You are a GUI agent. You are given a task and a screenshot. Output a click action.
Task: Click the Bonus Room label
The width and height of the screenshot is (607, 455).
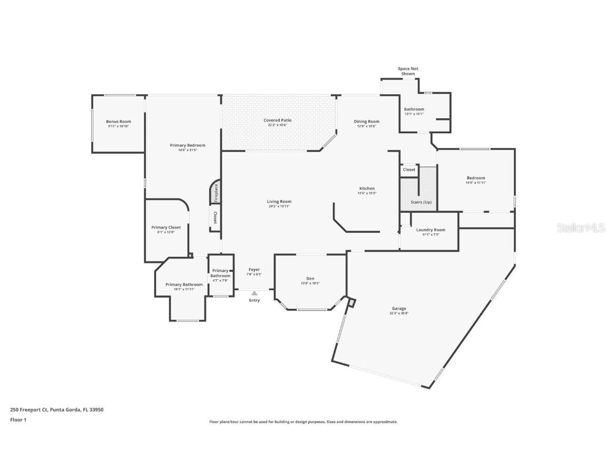[x=119, y=122]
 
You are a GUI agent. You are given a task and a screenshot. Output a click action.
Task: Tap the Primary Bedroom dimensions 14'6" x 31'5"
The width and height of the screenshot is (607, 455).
[x=188, y=150]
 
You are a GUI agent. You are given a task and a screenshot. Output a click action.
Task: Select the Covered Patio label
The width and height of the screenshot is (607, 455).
[x=278, y=120]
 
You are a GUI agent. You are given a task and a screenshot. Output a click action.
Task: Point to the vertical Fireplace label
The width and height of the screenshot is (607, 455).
[x=216, y=192]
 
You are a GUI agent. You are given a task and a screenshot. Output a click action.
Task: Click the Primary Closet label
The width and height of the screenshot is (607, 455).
[x=166, y=227]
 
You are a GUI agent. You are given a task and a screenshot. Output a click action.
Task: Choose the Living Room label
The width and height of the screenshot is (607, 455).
[x=279, y=201]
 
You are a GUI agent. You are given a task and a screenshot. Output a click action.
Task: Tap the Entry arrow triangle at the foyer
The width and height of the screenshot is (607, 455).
[x=254, y=293]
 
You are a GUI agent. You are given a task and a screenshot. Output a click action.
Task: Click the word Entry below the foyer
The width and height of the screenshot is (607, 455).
[x=254, y=300]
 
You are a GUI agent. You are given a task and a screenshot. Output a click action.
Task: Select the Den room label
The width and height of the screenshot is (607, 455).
[x=310, y=279]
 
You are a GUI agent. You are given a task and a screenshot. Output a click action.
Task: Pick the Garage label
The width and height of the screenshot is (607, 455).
[x=399, y=309]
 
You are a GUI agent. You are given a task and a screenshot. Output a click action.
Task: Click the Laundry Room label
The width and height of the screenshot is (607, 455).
[x=430, y=230]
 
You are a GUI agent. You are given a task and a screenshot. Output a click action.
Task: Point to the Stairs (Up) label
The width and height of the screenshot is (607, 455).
[x=421, y=202]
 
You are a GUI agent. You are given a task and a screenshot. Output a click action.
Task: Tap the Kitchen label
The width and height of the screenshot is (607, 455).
[x=367, y=189]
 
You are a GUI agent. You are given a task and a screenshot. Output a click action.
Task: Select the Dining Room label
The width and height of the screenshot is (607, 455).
[x=366, y=122]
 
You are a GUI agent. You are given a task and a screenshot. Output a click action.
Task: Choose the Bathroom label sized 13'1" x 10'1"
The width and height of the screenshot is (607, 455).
[x=414, y=110]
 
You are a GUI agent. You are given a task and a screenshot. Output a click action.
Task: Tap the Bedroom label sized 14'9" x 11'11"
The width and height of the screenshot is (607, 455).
[x=475, y=178]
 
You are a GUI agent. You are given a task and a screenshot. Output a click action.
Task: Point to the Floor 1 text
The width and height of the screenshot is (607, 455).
[x=18, y=420]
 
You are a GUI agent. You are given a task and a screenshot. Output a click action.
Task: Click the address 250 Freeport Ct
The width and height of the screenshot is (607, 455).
[x=29, y=409]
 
